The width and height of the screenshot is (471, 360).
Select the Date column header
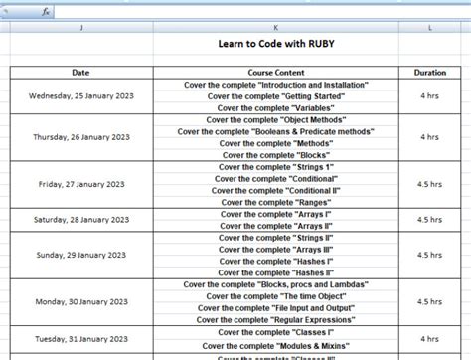click(x=80, y=73)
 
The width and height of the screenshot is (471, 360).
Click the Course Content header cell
click(x=275, y=73)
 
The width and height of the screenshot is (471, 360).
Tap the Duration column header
click(x=429, y=73)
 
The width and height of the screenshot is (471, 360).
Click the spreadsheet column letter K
click(x=275, y=28)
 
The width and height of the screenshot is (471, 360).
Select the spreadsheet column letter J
click(x=80, y=28)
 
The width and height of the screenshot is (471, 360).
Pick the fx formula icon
click(x=46, y=11)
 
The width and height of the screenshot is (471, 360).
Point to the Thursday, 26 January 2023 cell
click(x=80, y=137)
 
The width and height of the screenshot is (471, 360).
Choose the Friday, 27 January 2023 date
click(x=80, y=184)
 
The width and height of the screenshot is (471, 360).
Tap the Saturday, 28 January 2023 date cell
click(x=80, y=219)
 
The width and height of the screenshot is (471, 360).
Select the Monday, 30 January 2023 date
click(x=80, y=301)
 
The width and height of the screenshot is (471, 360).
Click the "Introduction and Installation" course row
click(x=275, y=85)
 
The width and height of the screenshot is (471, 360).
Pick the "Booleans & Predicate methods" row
click(x=275, y=131)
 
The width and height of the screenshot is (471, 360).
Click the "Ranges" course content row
click(x=275, y=202)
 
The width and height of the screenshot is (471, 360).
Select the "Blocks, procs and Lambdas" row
click(x=275, y=284)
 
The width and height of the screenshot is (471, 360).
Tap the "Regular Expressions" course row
click(x=275, y=319)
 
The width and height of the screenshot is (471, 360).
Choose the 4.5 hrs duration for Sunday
click(x=429, y=255)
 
